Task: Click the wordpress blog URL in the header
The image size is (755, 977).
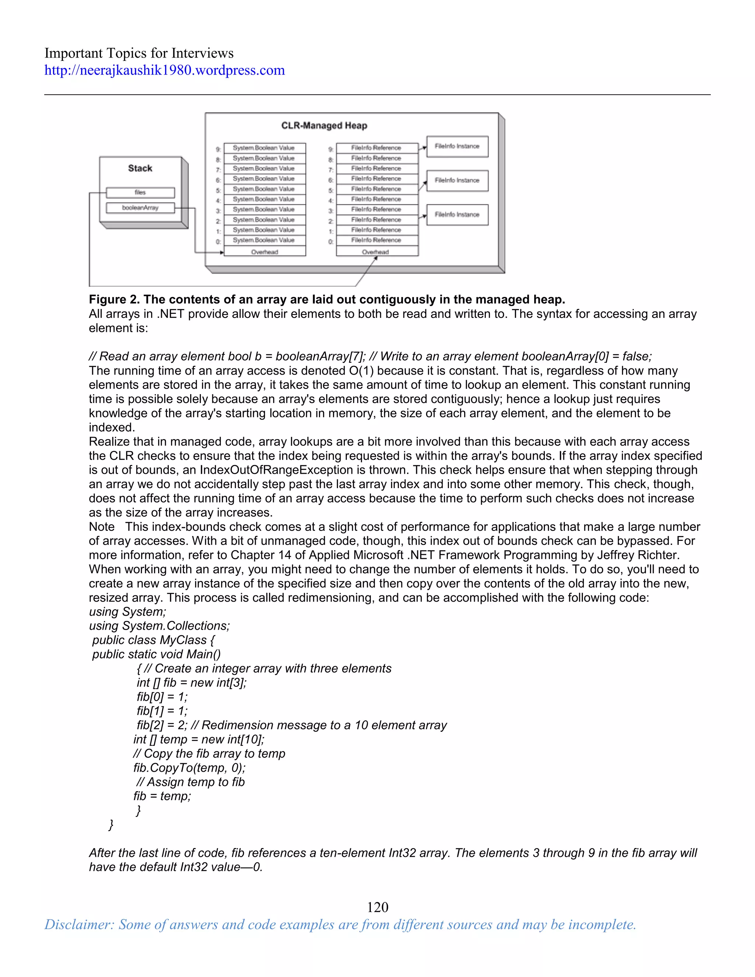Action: [x=164, y=70]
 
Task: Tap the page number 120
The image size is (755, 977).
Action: [x=377, y=907]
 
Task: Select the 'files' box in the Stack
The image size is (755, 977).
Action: [x=140, y=192]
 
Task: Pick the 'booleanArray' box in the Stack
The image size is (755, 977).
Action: [x=140, y=208]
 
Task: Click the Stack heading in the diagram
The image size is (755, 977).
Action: [x=140, y=168]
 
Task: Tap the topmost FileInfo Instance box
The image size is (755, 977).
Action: [x=457, y=146]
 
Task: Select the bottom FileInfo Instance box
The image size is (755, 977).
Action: [x=457, y=215]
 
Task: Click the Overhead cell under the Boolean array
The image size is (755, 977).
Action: [x=264, y=252]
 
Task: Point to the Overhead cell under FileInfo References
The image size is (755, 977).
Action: [x=377, y=252]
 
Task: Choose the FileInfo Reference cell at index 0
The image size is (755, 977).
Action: [x=377, y=240]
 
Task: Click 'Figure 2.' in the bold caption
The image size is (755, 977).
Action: [x=114, y=299]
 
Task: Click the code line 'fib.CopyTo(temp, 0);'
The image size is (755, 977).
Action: [x=189, y=768]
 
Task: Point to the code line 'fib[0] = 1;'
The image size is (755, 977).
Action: [x=162, y=696]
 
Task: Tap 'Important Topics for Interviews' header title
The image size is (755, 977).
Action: [x=139, y=53]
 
